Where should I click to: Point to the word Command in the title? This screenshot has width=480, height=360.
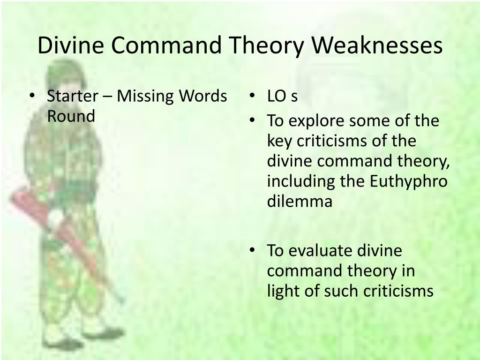(169, 46)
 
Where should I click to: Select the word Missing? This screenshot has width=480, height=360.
(145, 96)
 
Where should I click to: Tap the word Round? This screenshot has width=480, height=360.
(71, 116)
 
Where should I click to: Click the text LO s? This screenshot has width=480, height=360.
(282, 96)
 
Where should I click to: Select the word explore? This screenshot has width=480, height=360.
(313, 121)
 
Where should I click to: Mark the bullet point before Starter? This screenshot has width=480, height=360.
(32, 97)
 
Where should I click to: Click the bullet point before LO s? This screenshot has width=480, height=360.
(252, 97)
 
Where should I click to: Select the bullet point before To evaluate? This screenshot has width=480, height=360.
(252, 251)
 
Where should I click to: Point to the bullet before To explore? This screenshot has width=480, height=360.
(252, 121)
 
